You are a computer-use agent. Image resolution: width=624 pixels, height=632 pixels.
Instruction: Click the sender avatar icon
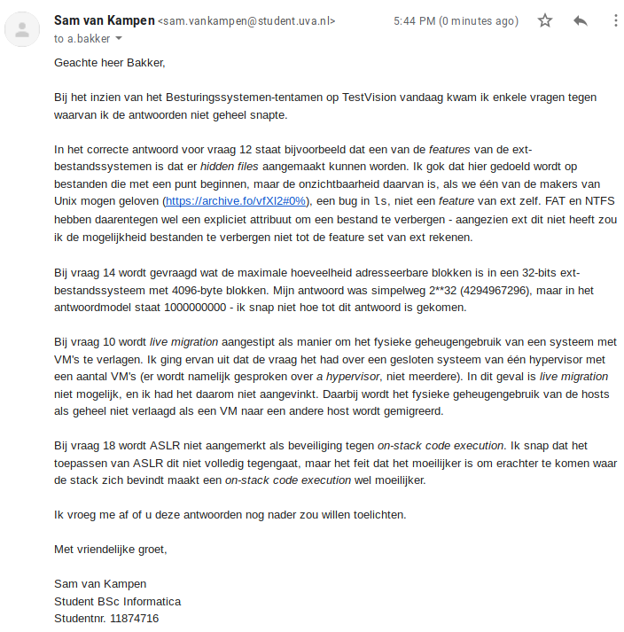(21, 29)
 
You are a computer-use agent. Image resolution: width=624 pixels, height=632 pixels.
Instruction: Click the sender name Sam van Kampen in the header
(104, 20)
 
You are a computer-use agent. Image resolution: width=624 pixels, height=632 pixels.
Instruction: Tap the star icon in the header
(545, 20)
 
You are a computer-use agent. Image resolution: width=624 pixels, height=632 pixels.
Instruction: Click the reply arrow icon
(581, 20)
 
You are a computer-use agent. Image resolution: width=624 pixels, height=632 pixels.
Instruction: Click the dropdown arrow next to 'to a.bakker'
(119, 39)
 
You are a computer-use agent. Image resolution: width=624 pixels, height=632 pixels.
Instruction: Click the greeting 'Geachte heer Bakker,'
(110, 62)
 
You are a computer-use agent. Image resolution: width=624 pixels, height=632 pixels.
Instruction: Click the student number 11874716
(134, 618)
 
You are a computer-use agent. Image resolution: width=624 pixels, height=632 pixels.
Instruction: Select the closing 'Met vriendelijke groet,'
(111, 549)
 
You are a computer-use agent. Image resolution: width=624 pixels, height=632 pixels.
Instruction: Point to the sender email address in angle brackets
(247, 21)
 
